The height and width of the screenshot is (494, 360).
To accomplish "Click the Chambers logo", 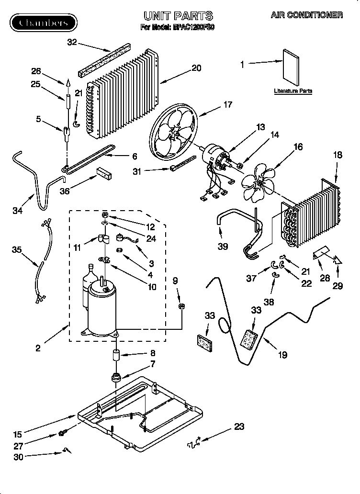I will tap(44, 22).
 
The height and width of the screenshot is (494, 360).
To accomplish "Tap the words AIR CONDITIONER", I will tap(307, 15).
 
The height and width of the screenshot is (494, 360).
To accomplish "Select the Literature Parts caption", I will tap(293, 90).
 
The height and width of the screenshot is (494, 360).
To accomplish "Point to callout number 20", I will tap(196, 68).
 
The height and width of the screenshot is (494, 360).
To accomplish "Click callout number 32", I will tap(72, 42).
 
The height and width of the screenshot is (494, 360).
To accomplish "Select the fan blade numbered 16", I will tap(259, 184).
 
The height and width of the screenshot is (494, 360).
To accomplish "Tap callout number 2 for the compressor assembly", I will tap(38, 348).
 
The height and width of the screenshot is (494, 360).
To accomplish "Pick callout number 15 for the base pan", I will tap(18, 435).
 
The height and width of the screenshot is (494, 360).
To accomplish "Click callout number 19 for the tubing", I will tap(282, 355).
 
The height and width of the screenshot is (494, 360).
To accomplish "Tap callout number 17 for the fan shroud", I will tap(227, 104).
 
